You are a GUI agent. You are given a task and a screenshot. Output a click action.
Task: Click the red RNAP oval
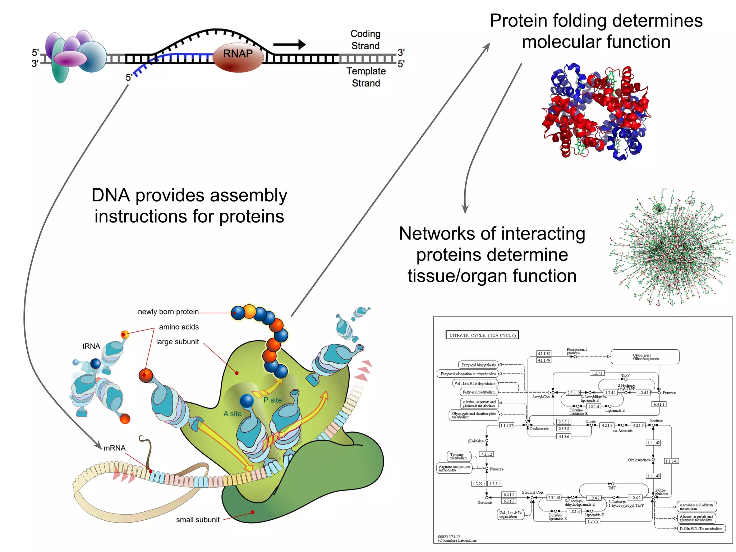238,57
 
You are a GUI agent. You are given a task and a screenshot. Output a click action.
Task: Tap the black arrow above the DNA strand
289,45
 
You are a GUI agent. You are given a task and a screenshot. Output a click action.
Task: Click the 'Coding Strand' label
365,40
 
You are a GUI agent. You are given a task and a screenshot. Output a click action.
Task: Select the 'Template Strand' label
366,77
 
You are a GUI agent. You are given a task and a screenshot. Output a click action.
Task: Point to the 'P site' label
272,400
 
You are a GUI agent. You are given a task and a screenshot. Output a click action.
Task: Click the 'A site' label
233,414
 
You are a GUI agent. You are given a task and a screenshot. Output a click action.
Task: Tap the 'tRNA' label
91,346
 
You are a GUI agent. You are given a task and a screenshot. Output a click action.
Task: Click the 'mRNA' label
115,448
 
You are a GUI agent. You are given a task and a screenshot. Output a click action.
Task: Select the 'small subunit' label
198,520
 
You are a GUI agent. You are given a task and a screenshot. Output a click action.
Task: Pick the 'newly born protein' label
168,312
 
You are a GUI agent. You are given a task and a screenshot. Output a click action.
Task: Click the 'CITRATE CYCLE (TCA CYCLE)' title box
482,335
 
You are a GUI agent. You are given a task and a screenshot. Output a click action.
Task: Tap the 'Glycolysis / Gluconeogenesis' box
645,357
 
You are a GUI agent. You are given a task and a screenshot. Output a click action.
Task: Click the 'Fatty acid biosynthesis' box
478,365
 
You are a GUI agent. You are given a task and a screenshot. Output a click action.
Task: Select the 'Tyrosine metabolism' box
459,456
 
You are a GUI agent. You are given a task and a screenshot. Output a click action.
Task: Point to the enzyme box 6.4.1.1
659,404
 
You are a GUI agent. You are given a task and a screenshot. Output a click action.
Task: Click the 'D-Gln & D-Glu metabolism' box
701,529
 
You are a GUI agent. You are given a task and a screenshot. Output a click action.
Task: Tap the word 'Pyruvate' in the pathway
669,393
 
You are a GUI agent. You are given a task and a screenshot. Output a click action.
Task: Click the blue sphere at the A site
247,401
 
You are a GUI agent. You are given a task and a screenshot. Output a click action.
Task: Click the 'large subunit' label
177,342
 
